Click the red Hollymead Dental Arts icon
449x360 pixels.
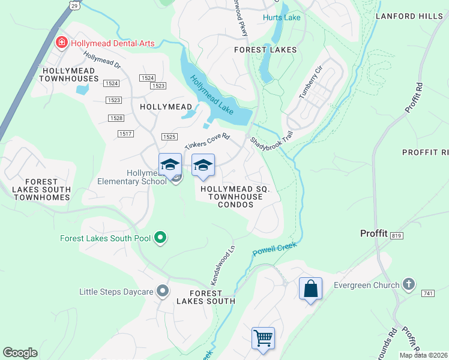click(61, 43)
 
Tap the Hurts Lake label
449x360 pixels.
click(282, 18)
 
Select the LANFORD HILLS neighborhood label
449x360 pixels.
click(409, 16)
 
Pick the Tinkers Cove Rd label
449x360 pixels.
click(208, 142)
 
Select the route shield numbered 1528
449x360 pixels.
click(116, 118)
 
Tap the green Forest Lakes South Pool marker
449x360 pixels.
click(160, 238)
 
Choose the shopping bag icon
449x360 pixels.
click(310, 289)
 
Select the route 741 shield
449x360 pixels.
click(427, 292)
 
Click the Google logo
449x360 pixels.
click(20, 352)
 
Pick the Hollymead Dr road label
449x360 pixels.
click(102, 61)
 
